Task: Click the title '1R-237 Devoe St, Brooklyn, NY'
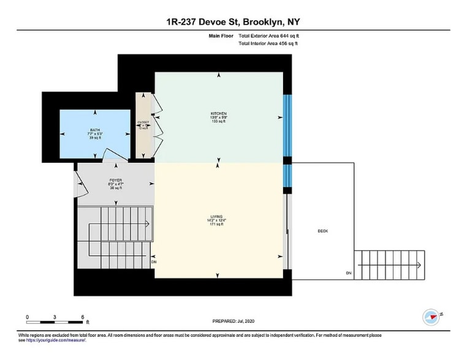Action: (233, 23)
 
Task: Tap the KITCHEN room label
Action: (219, 114)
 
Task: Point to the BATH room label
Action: (95, 130)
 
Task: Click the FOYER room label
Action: (116, 181)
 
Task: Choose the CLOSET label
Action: (143, 122)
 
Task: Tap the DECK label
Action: (323, 231)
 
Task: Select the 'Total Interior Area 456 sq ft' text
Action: (268, 44)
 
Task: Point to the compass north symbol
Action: (431, 317)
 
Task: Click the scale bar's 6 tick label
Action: (82, 317)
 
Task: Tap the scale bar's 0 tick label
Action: (28, 317)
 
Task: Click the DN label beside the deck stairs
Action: (349, 272)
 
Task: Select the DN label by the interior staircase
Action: (154, 261)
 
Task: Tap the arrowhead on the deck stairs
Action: (418, 265)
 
